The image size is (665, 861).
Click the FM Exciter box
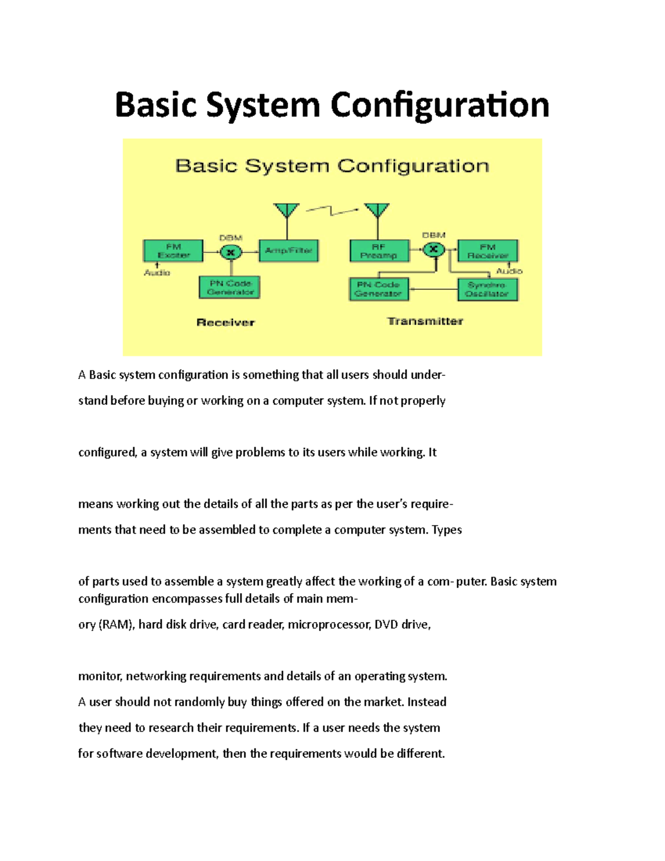(173, 251)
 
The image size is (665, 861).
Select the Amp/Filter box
(288, 251)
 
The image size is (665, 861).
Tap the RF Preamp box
(379, 251)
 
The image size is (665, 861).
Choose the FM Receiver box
(488, 251)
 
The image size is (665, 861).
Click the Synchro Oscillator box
(488, 289)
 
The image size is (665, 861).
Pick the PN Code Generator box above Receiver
(229, 288)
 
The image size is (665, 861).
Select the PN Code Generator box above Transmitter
(379, 289)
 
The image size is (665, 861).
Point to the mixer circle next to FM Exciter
(231, 253)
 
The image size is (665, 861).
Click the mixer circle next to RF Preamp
(434, 249)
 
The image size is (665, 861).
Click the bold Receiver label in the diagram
(226, 323)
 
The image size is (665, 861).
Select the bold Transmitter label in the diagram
(425, 322)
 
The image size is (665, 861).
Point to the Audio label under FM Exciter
(157, 273)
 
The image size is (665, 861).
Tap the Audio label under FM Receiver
(509, 271)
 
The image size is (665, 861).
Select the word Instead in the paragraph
(427, 702)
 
